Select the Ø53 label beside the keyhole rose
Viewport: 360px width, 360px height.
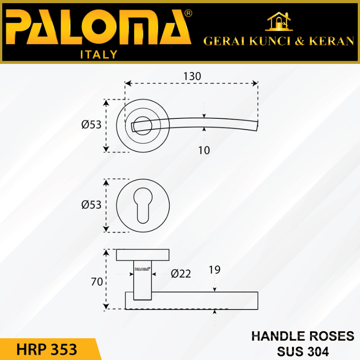[x=91, y=205]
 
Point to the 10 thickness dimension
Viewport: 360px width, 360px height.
[x=204, y=150]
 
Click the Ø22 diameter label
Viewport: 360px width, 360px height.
[x=181, y=273]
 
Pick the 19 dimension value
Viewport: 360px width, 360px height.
[x=215, y=270]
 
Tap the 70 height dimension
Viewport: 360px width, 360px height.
[x=97, y=282]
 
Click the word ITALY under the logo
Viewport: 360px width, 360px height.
[x=99, y=55]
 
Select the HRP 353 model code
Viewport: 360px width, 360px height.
[x=47, y=349]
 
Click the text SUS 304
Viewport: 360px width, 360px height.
[x=302, y=351]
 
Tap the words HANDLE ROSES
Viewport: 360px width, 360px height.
[x=302, y=336]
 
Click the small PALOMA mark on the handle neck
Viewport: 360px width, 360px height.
[x=143, y=270]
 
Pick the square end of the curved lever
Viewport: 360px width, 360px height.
[x=256, y=126]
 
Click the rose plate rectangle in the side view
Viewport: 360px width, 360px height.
[x=143, y=255]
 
